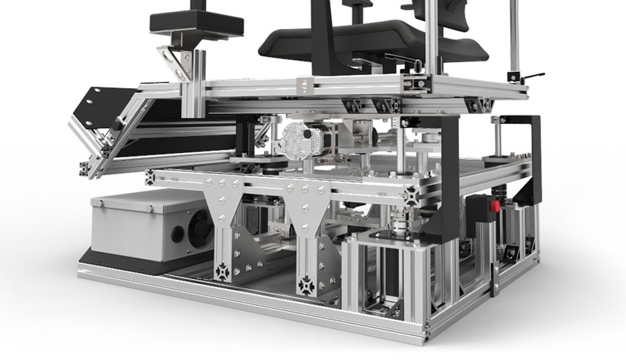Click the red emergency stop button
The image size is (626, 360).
(x=493, y=206)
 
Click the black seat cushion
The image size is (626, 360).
(x=374, y=43)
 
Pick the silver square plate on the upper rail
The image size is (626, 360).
(x=307, y=84)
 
